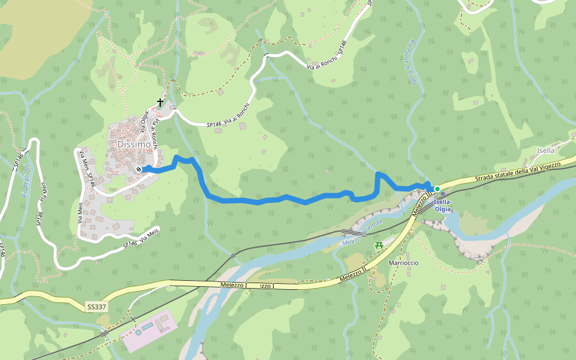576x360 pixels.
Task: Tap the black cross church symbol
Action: (x=160, y=103)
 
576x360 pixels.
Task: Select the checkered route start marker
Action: (x=139, y=169)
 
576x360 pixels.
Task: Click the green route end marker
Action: (x=437, y=189)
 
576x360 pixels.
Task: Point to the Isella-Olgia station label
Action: (x=442, y=206)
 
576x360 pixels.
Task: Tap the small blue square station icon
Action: (x=443, y=194)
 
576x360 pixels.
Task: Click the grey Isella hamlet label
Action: (x=546, y=151)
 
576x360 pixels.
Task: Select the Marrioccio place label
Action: (x=403, y=263)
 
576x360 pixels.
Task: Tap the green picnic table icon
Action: (x=379, y=245)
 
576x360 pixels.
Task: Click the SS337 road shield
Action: (x=97, y=307)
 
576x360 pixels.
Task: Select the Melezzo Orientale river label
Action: (x=362, y=233)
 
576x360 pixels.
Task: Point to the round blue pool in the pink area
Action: (x=139, y=331)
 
